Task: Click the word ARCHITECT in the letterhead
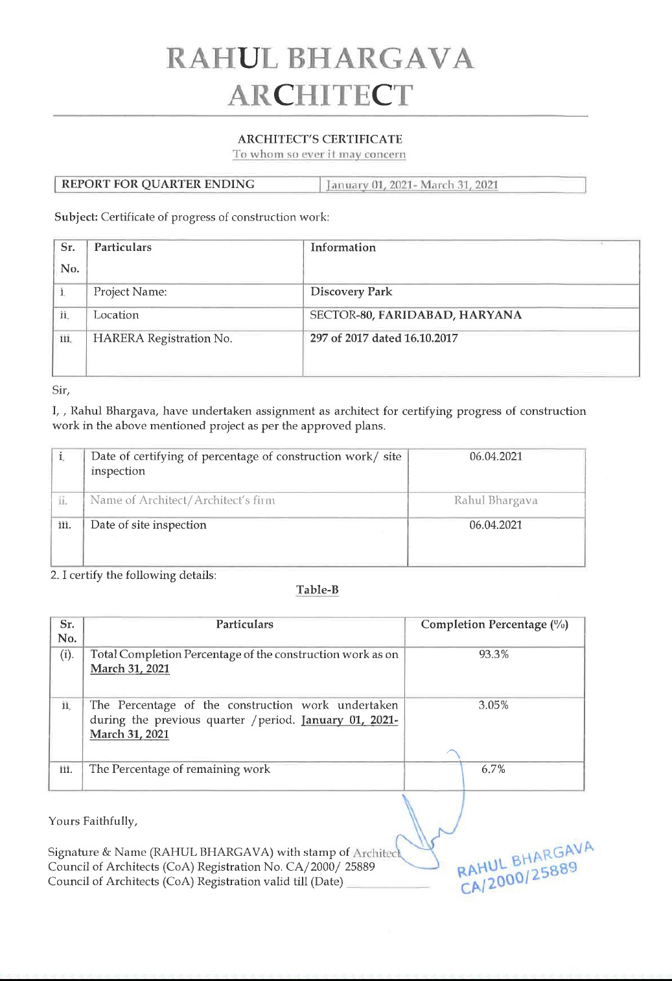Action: coord(321,95)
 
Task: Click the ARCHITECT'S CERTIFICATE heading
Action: coord(320,139)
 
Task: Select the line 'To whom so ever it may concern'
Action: coord(319,154)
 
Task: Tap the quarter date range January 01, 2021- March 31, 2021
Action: coord(413,185)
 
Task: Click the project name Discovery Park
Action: coord(351,292)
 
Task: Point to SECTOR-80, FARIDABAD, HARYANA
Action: coord(415,315)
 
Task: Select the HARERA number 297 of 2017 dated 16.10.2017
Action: coord(384,338)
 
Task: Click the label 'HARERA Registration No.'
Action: coord(163,338)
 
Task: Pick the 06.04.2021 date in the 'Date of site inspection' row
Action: coord(496,525)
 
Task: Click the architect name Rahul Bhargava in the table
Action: coord(496,501)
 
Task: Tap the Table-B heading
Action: coord(318,590)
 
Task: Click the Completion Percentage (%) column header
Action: coord(494,624)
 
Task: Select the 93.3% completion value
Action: coord(494,654)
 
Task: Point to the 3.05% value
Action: coord(493,705)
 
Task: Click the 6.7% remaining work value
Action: coord(493,769)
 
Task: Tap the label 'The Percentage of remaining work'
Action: coord(180,769)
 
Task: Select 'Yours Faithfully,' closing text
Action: coord(93,821)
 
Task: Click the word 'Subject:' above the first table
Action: coord(76,217)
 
